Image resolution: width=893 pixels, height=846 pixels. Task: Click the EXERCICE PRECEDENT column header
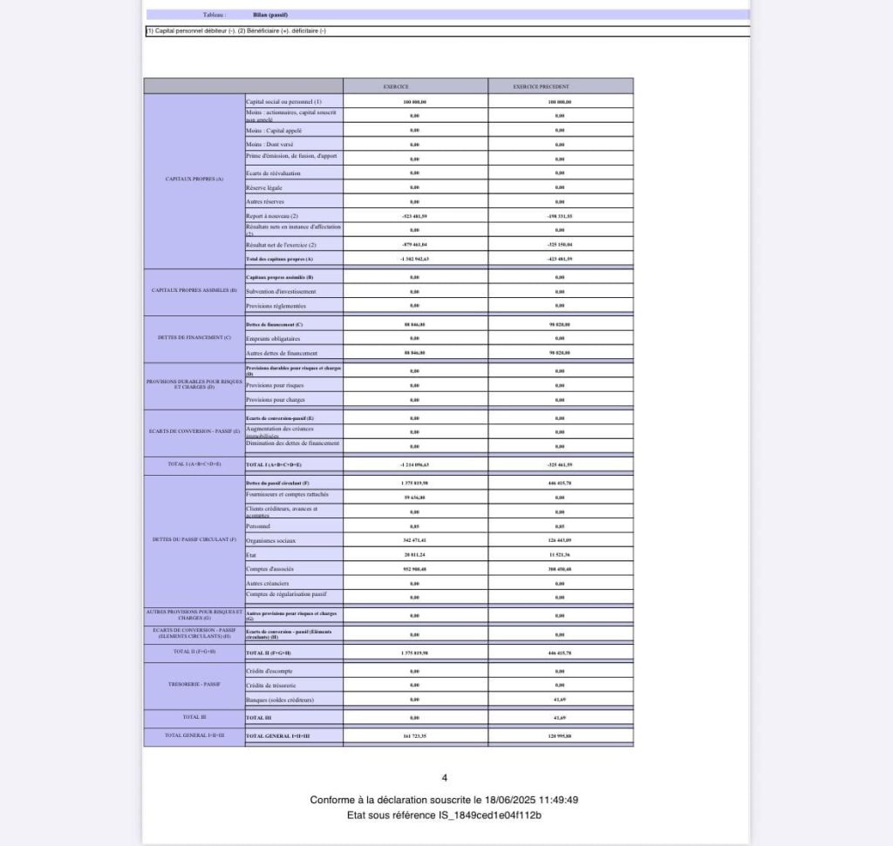[560, 86]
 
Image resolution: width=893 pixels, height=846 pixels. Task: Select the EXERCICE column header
[414, 86]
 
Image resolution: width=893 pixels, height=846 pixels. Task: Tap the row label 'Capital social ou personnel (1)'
[283, 102]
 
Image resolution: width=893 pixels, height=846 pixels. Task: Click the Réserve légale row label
[264, 187]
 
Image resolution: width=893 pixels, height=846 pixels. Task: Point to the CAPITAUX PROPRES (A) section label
[194, 179]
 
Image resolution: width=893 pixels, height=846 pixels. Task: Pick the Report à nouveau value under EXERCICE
[414, 216]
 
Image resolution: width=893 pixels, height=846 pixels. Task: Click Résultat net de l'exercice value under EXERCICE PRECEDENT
[560, 245]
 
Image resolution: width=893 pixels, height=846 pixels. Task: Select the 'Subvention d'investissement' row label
[281, 291]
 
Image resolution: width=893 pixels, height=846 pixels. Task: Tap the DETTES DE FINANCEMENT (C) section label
[194, 337]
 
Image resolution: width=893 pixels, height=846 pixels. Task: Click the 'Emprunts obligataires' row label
[273, 339]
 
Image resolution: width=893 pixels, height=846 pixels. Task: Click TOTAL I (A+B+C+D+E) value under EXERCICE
[414, 464]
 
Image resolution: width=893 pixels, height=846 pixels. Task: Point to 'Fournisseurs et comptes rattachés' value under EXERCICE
[414, 497]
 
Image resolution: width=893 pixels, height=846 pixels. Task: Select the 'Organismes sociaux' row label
[271, 540]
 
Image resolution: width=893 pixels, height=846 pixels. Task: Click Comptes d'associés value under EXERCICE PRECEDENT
[560, 569]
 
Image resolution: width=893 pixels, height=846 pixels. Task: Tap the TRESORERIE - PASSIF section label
[194, 684]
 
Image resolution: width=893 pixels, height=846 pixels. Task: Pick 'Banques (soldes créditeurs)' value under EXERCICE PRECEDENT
[560, 700]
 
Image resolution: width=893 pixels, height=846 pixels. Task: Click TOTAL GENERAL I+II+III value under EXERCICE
[414, 736]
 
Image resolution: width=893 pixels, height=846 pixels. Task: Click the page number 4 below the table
[445, 778]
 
